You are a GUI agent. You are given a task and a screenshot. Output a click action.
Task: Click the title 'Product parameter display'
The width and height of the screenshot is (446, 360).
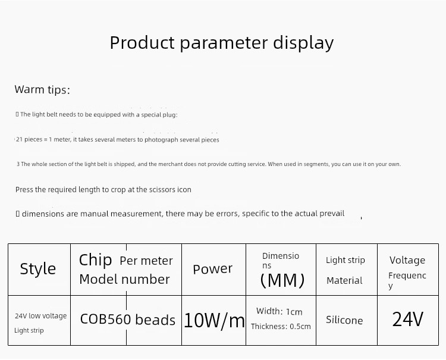click(222, 43)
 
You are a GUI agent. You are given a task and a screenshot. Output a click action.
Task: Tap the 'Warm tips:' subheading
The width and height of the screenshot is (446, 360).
click(42, 89)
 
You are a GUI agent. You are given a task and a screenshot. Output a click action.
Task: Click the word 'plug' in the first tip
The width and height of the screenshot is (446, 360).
click(169, 115)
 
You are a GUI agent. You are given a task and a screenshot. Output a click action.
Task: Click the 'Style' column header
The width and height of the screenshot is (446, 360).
click(38, 268)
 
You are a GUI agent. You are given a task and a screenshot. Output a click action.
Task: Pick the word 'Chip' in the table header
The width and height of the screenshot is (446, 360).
click(95, 260)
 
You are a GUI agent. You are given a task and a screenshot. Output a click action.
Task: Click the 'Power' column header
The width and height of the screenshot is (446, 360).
click(212, 269)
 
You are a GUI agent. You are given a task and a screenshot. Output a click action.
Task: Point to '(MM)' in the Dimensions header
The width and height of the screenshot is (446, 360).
click(282, 280)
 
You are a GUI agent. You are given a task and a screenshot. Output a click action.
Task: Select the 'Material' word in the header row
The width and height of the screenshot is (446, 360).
click(344, 281)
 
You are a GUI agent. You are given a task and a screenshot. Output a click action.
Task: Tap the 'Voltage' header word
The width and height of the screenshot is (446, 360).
click(407, 260)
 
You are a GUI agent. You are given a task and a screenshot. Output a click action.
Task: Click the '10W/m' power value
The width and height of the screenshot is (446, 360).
click(214, 321)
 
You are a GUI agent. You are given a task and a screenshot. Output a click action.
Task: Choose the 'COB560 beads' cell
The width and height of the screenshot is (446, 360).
click(128, 320)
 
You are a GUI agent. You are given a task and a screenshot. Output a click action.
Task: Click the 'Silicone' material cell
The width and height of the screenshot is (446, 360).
click(344, 320)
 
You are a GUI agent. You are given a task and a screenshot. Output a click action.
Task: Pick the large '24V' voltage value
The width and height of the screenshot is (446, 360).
click(407, 320)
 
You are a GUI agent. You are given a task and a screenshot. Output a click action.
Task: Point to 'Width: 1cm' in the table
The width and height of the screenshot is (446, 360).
click(279, 311)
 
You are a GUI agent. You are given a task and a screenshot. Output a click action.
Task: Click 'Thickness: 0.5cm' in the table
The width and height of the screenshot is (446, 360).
click(281, 327)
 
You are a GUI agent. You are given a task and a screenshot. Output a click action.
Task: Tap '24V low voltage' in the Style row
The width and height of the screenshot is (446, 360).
click(40, 316)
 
